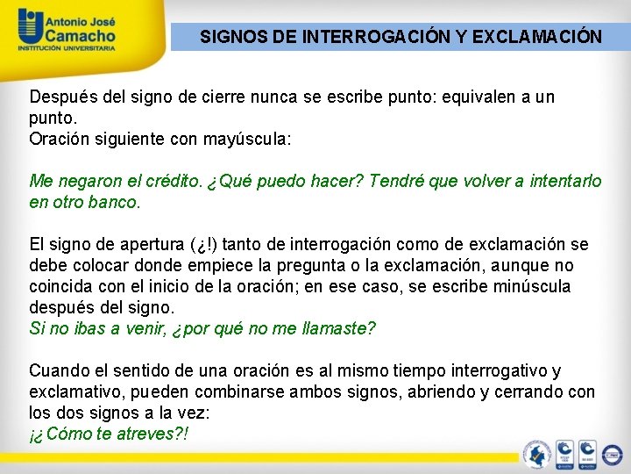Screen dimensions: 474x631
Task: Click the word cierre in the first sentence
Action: pos(206,97)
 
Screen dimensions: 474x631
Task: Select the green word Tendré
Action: pos(394,181)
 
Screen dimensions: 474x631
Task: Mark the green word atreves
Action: pos(144,434)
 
